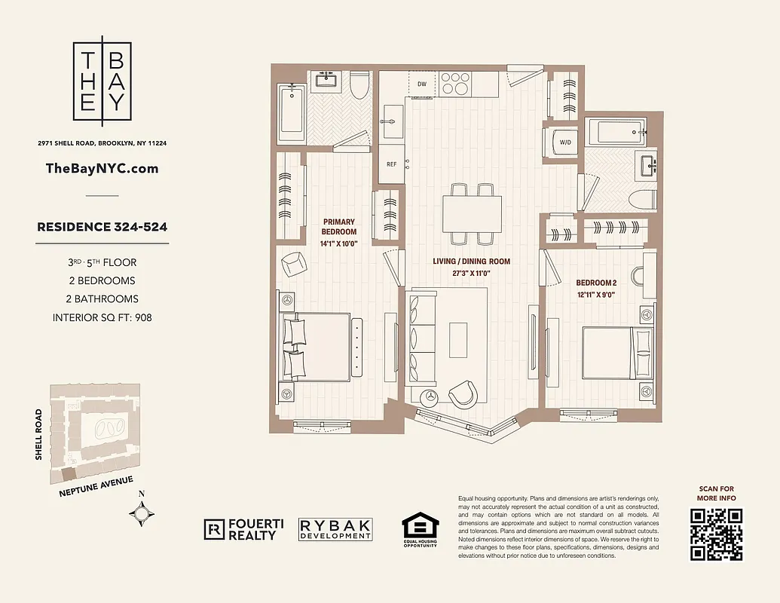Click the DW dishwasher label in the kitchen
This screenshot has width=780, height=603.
click(422, 84)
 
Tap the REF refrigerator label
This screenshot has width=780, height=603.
click(391, 164)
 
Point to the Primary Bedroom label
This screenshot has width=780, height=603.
click(338, 227)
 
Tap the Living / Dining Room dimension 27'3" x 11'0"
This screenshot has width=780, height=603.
click(471, 274)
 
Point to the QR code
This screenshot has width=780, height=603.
click(717, 534)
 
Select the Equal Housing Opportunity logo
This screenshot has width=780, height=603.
click(419, 530)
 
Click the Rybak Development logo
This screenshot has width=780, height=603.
click(335, 529)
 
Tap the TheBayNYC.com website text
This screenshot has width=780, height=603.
click(102, 168)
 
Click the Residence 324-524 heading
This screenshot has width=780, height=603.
click(102, 226)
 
